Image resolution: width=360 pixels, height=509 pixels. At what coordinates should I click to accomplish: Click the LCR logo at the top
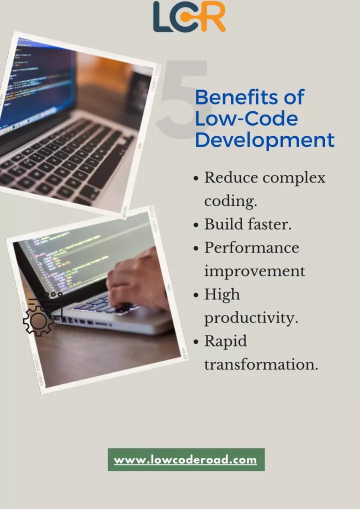189,16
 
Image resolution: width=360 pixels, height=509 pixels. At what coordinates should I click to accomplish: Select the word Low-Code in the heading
246,119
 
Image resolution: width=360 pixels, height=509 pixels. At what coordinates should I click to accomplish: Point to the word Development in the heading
264,140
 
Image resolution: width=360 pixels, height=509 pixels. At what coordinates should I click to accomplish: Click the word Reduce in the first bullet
230,177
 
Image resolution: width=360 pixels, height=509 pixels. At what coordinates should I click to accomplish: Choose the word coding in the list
229,201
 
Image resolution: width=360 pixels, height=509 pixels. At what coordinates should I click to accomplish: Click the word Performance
251,247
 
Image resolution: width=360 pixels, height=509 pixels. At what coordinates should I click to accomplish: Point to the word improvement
254,271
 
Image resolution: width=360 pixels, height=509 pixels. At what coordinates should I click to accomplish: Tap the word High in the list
222,295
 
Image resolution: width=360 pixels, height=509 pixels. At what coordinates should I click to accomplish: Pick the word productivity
250,318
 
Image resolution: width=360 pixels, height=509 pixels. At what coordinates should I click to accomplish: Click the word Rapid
225,341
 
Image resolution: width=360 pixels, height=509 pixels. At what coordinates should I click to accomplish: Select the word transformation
260,364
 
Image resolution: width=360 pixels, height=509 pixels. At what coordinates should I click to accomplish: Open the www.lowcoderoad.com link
185,460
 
